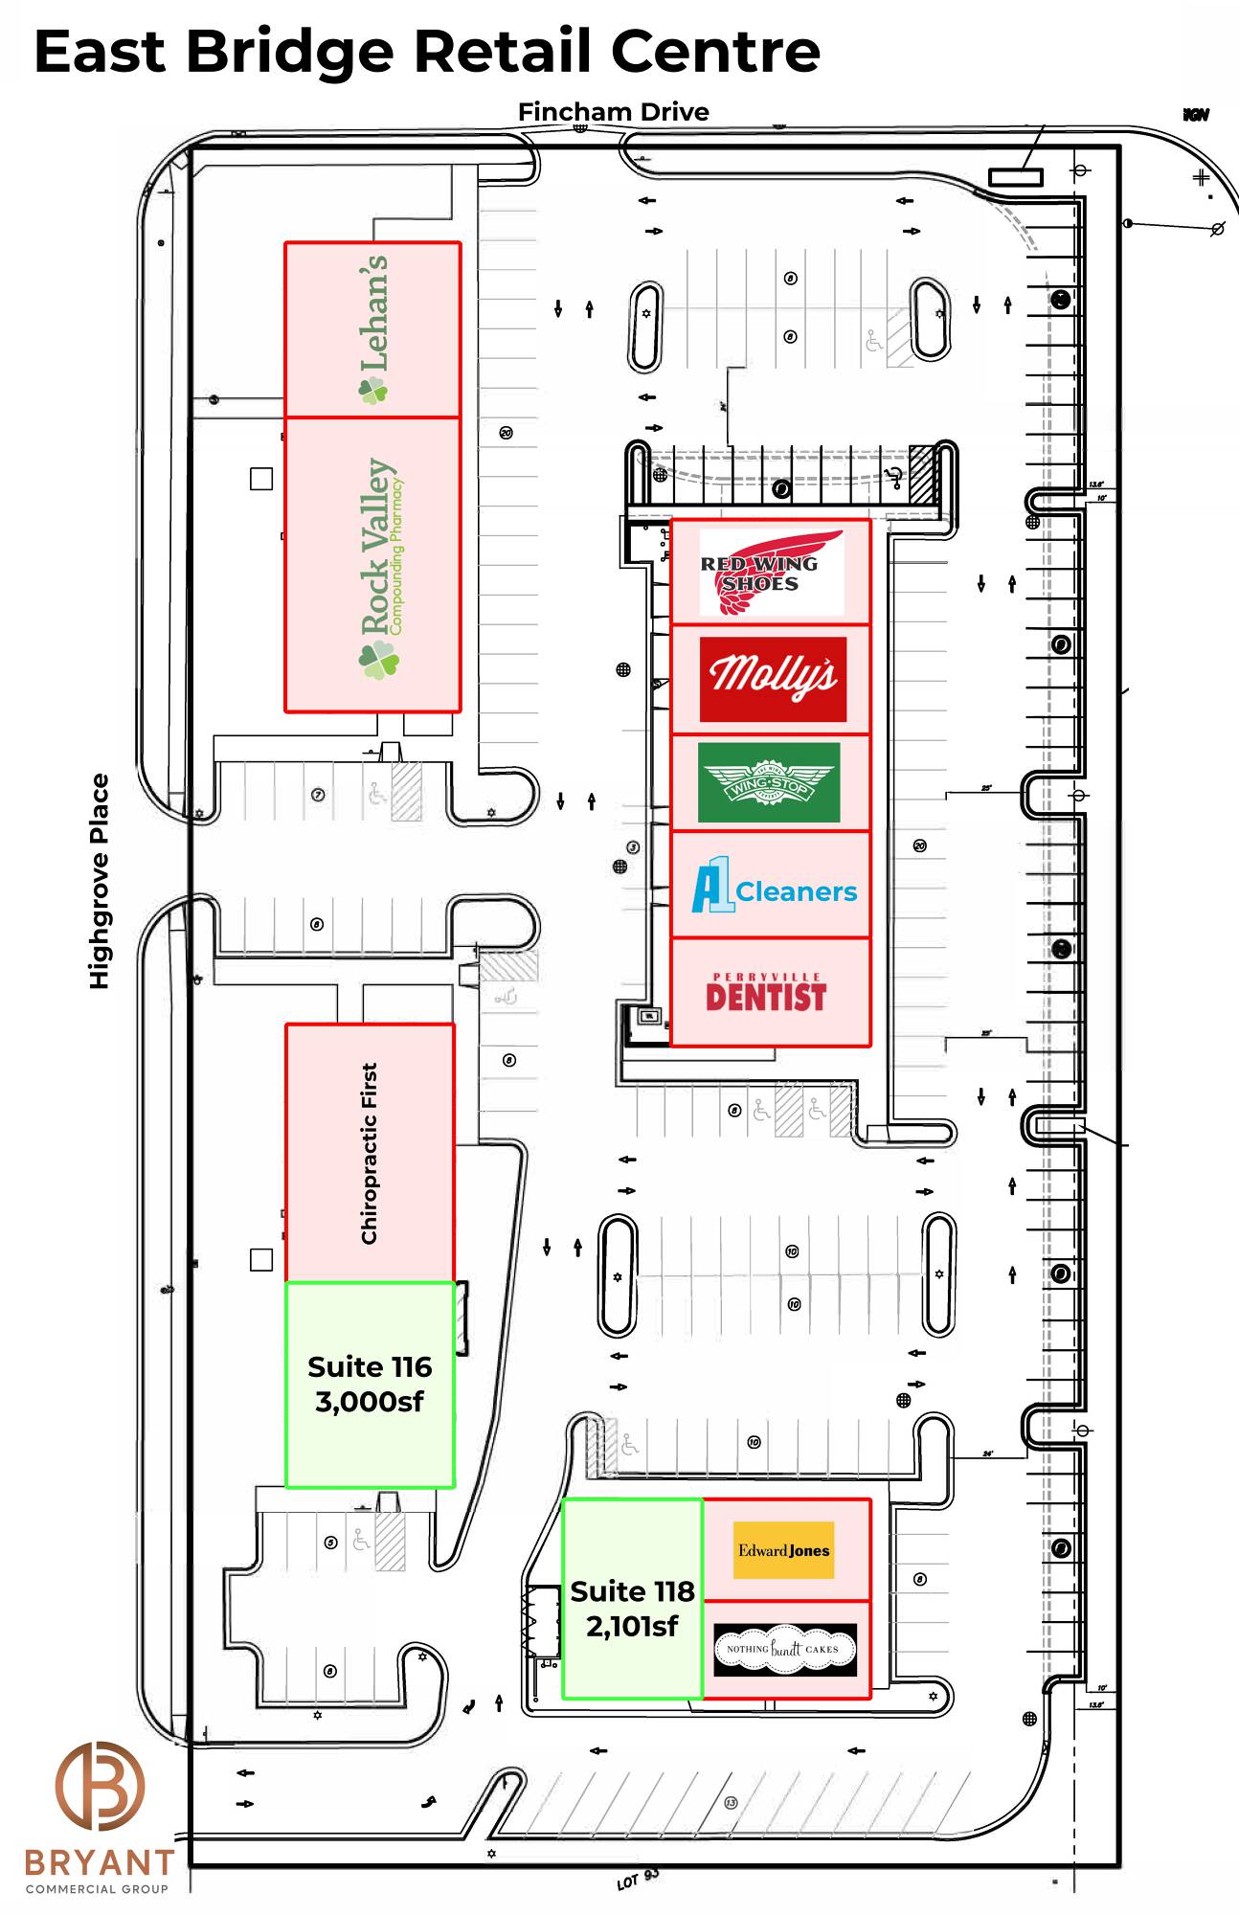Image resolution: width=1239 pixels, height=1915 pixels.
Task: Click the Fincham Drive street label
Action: coord(613,112)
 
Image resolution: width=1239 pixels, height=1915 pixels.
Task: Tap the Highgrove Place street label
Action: coord(100,881)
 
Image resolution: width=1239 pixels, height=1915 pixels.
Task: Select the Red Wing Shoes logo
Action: coord(771,573)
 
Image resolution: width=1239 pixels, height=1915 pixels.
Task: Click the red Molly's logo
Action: coord(773,678)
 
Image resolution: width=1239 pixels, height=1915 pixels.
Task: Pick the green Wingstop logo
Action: coord(769,782)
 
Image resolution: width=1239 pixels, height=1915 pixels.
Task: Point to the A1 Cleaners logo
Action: coord(775,887)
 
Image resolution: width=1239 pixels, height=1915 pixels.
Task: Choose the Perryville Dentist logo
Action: coord(766,993)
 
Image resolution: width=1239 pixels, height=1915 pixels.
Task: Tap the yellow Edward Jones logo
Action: coord(783,1550)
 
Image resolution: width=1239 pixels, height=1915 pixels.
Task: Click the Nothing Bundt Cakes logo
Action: coord(784,1649)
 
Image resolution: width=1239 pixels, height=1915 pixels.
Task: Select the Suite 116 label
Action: coord(370,1366)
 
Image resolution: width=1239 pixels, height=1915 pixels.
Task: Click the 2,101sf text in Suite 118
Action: coord(632,1626)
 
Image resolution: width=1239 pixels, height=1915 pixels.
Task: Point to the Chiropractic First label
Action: coord(370,1153)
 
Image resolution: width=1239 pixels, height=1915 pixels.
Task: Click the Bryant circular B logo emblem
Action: coord(100,1786)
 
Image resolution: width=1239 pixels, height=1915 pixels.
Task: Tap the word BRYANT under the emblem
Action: coord(100,1862)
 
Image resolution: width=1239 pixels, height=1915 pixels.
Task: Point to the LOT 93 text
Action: coord(638,1879)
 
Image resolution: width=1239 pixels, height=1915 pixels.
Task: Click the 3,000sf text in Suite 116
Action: coord(370,1402)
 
